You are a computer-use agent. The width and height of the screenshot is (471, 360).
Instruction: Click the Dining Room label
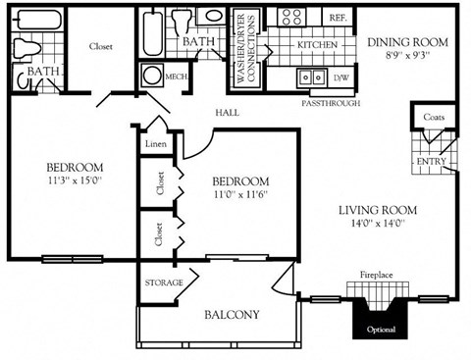[x=407, y=43]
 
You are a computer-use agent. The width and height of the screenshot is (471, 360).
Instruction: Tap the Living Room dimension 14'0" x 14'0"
[x=378, y=225]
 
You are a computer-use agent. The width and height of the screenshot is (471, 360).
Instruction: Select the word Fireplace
[x=376, y=276]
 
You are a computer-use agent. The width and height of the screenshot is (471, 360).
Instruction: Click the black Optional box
[x=381, y=330]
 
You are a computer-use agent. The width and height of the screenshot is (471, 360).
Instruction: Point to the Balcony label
[x=232, y=315]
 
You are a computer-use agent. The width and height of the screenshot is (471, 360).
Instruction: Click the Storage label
[x=164, y=283]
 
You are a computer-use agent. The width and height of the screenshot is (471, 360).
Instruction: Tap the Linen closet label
[x=155, y=144]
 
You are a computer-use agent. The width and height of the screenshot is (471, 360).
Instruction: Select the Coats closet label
[x=434, y=118]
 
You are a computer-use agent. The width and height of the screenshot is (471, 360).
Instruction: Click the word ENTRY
[x=431, y=161]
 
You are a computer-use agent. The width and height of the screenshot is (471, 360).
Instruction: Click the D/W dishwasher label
[x=340, y=77]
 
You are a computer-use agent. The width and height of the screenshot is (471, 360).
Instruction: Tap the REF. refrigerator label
[x=338, y=18]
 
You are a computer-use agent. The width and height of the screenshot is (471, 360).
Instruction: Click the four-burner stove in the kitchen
[x=291, y=17]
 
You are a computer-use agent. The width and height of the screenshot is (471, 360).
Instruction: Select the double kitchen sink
[x=311, y=77]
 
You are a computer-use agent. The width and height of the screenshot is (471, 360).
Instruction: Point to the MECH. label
[x=177, y=77]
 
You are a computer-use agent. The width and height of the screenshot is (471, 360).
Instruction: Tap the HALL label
[x=228, y=113]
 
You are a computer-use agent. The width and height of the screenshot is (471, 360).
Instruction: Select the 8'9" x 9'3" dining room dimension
[x=407, y=57]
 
